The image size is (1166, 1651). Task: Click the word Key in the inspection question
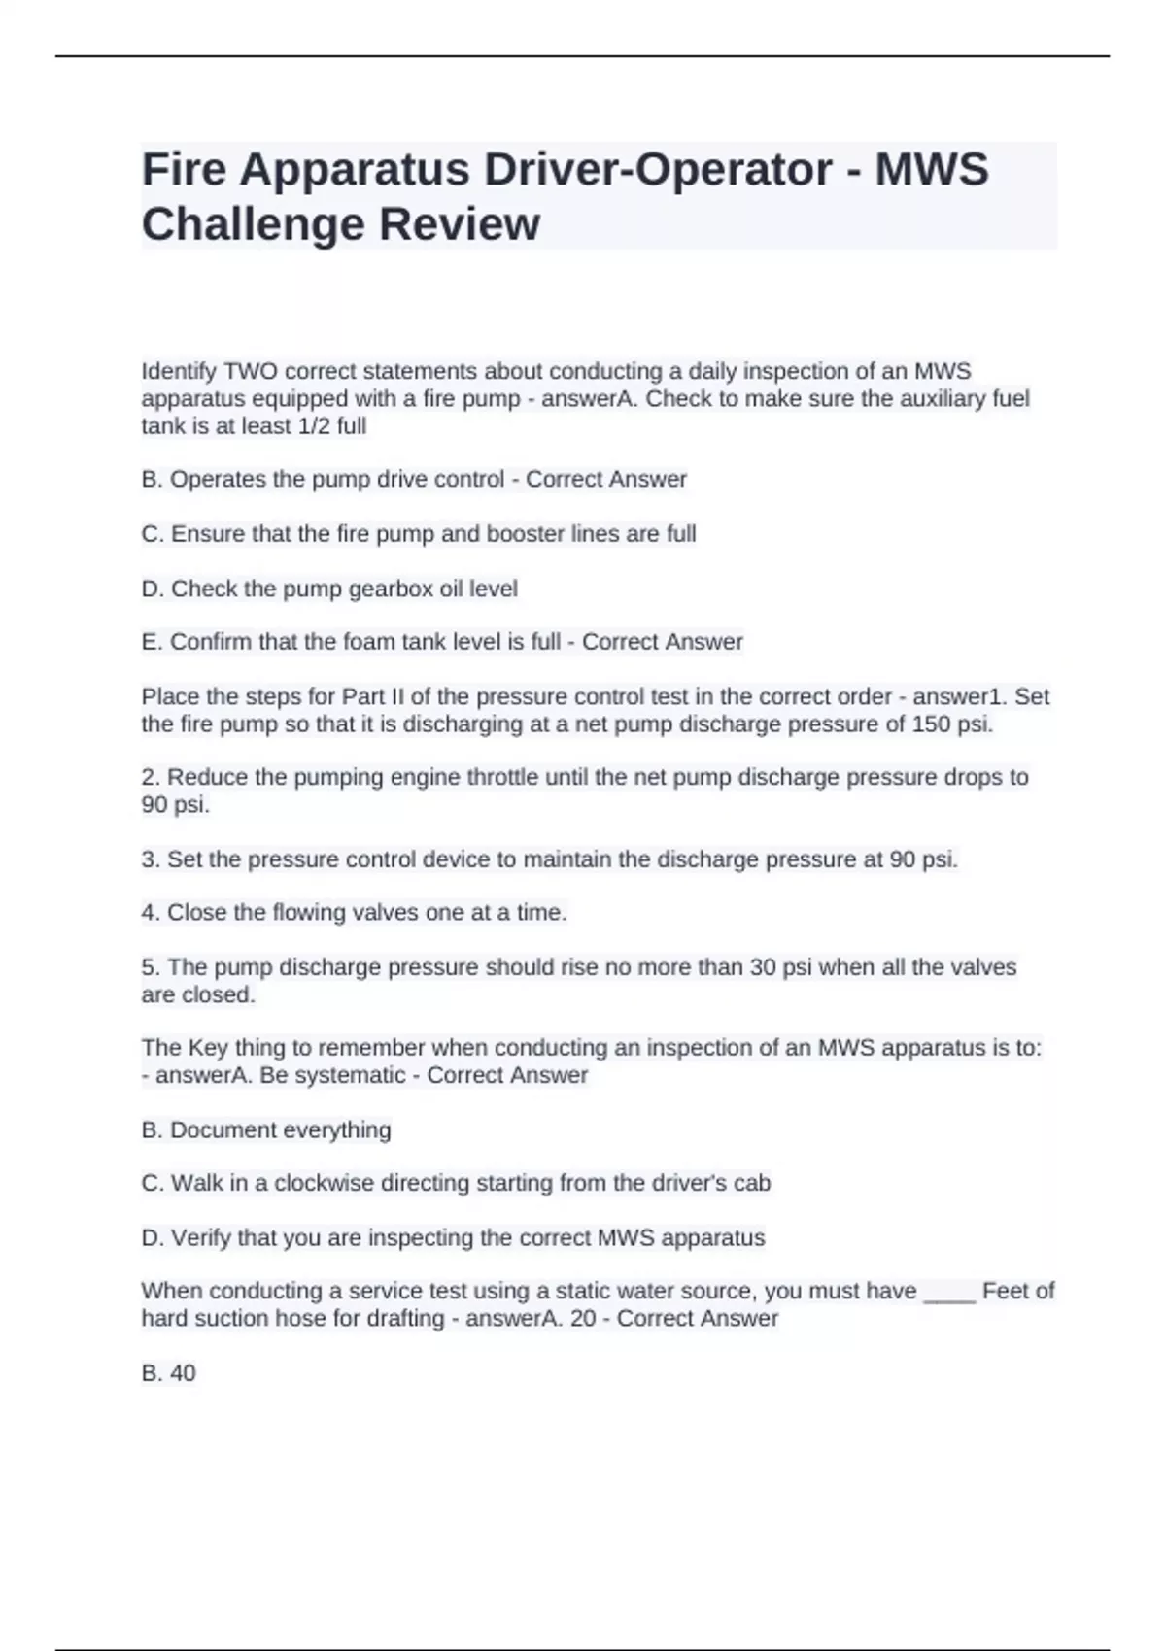(x=208, y=1048)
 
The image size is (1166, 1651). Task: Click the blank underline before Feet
(x=948, y=1292)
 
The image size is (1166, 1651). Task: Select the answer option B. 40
(x=169, y=1373)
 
